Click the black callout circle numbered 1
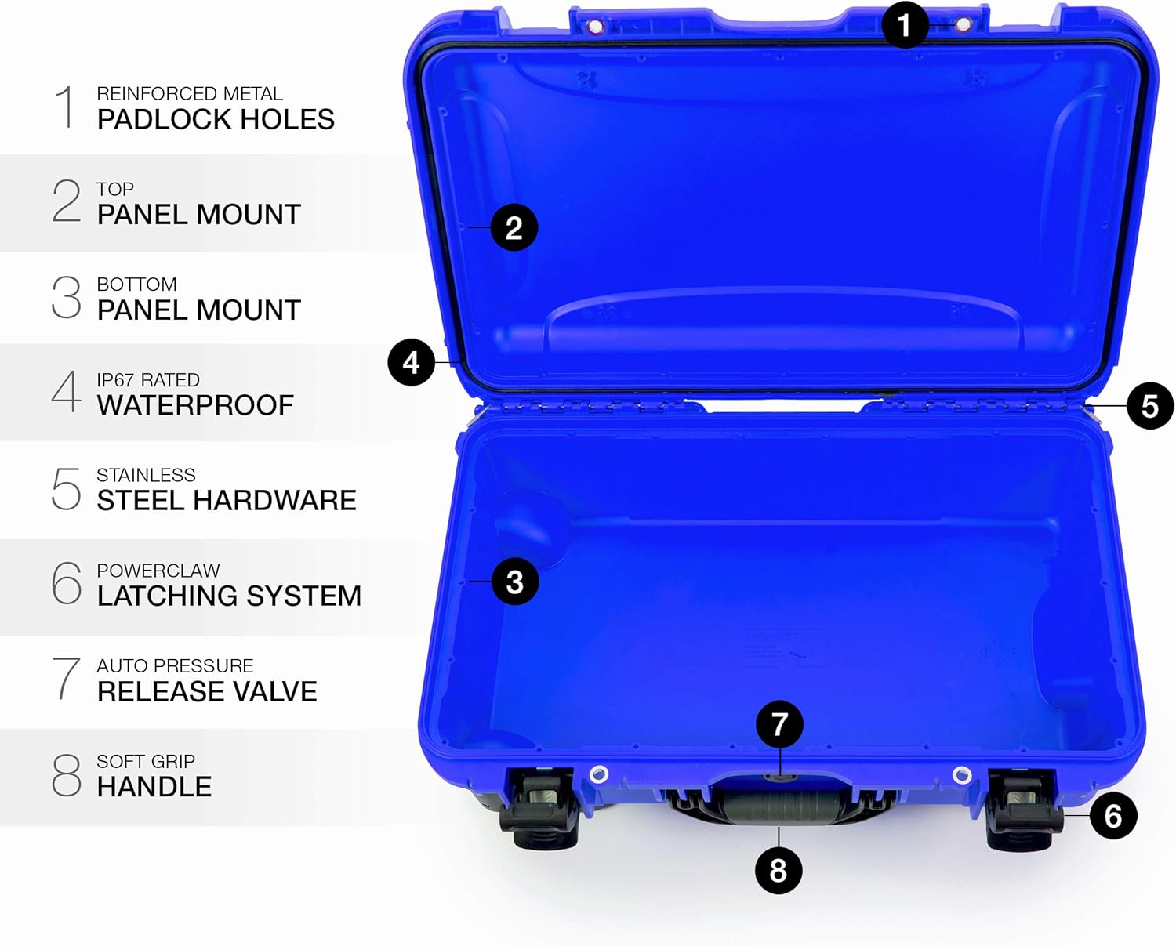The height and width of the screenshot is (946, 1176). click(905, 25)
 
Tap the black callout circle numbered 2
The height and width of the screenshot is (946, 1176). click(514, 227)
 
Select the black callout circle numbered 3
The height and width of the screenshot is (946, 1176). click(514, 582)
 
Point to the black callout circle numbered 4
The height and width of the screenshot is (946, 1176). click(411, 362)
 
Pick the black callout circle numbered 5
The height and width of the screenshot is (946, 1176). click(1149, 406)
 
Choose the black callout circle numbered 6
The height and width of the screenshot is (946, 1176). click(1112, 816)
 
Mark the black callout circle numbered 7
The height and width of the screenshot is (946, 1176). click(779, 724)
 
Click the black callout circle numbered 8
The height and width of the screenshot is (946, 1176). click(778, 870)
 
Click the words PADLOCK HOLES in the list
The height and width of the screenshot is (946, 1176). click(216, 119)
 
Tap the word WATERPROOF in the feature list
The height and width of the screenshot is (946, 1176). click(195, 405)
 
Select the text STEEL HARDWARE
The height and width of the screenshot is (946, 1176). click(227, 500)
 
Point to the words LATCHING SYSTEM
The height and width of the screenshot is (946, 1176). click(229, 596)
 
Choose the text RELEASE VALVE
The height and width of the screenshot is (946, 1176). click(207, 691)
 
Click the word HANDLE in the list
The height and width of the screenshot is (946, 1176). click(154, 786)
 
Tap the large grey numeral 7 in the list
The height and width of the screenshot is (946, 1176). click(66, 679)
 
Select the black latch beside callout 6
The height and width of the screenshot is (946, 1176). click(1022, 811)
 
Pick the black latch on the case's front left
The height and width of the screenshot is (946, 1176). click(540, 811)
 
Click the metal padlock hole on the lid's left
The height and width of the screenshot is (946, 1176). click(596, 27)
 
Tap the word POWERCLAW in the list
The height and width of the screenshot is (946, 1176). click(158, 571)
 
